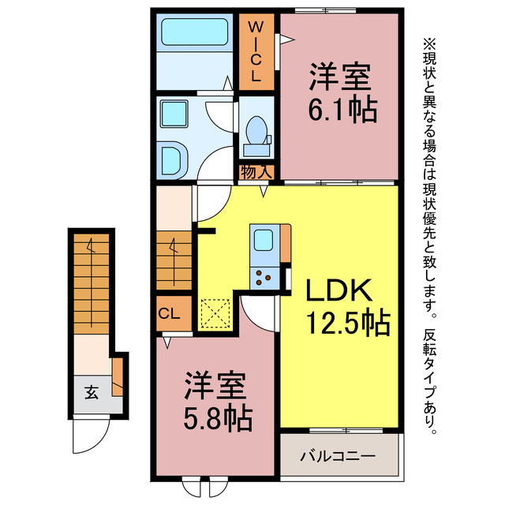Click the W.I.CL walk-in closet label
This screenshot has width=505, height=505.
coord(256,52)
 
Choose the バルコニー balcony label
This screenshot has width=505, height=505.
coord(338,456)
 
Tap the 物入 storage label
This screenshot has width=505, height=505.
coord(256,171)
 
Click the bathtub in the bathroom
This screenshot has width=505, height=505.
coord(194,32)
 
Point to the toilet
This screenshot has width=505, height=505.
coord(256,135)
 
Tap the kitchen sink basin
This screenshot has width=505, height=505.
coord(263,239)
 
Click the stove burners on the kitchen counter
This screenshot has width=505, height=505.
coord(263,277)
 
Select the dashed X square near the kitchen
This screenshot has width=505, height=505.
coord(215,312)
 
